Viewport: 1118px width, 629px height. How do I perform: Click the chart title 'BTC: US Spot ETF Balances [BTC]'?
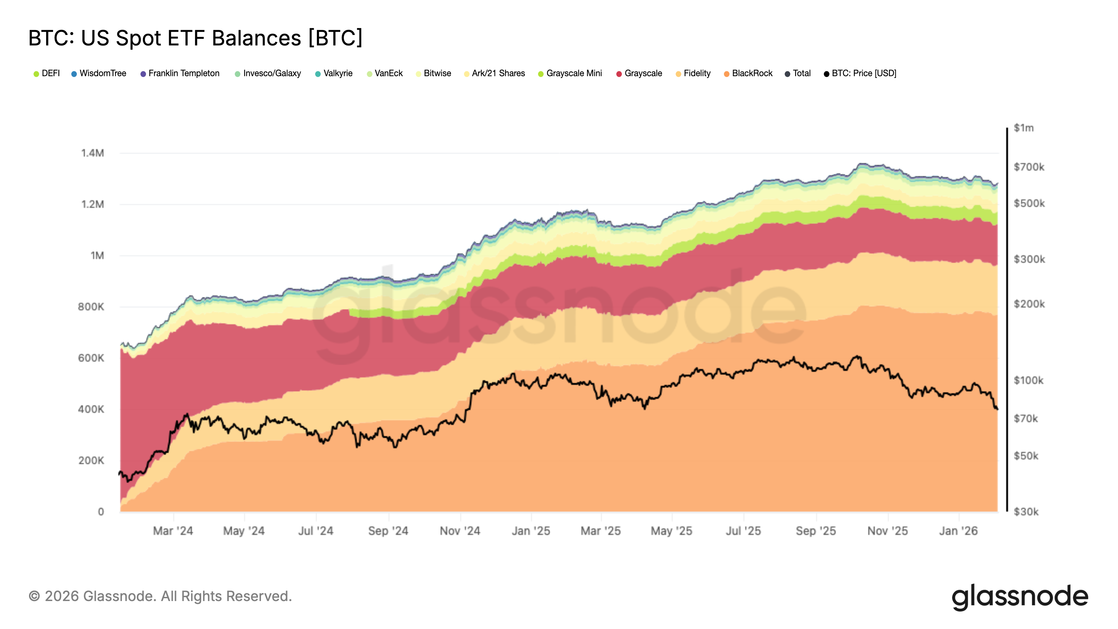click(x=195, y=38)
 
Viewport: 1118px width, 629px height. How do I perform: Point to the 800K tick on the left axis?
click(x=91, y=307)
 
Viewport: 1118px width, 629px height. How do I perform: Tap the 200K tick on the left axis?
click(x=91, y=461)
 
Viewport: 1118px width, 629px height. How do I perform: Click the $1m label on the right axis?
click(x=1023, y=128)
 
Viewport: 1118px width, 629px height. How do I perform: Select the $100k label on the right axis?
click(x=1028, y=381)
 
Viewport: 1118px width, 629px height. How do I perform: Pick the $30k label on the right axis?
click(x=1026, y=512)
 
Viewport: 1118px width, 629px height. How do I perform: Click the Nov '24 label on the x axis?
click(x=460, y=531)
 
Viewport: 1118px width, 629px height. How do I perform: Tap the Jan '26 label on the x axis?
click(x=958, y=531)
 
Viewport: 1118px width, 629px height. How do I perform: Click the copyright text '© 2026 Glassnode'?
click(x=160, y=596)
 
